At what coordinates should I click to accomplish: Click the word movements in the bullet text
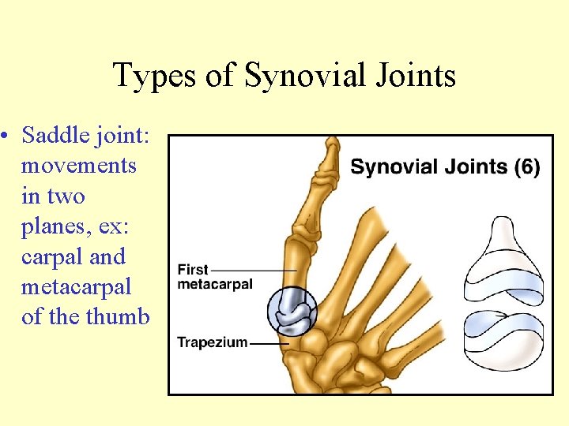click(78, 166)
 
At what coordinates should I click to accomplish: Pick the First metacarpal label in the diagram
click(214, 277)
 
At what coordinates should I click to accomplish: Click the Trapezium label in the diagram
click(212, 342)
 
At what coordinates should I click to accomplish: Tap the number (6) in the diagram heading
click(526, 167)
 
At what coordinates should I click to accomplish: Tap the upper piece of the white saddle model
click(503, 260)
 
